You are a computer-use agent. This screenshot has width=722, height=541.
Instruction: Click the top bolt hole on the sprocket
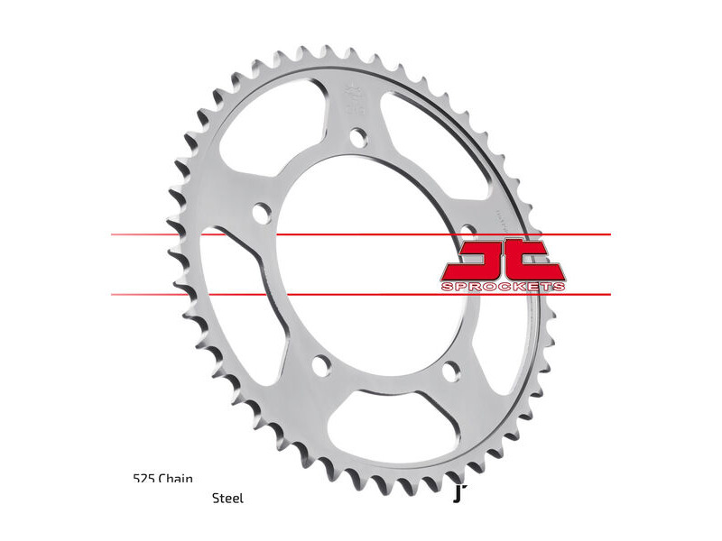pyautogui.click(x=359, y=138)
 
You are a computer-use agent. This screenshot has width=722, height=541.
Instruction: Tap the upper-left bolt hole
pyautogui.click(x=262, y=214)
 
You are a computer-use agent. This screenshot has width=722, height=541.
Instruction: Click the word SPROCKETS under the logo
pyautogui.click(x=504, y=287)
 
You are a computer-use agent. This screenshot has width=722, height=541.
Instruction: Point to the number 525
pyautogui.click(x=143, y=479)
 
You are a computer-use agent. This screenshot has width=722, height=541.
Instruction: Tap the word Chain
pyautogui.click(x=176, y=479)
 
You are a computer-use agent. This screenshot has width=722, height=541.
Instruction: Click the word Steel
pyautogui.click(x=227, y=497)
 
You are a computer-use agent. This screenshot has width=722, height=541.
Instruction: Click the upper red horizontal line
pyautogui.click(x=361, y=235)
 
